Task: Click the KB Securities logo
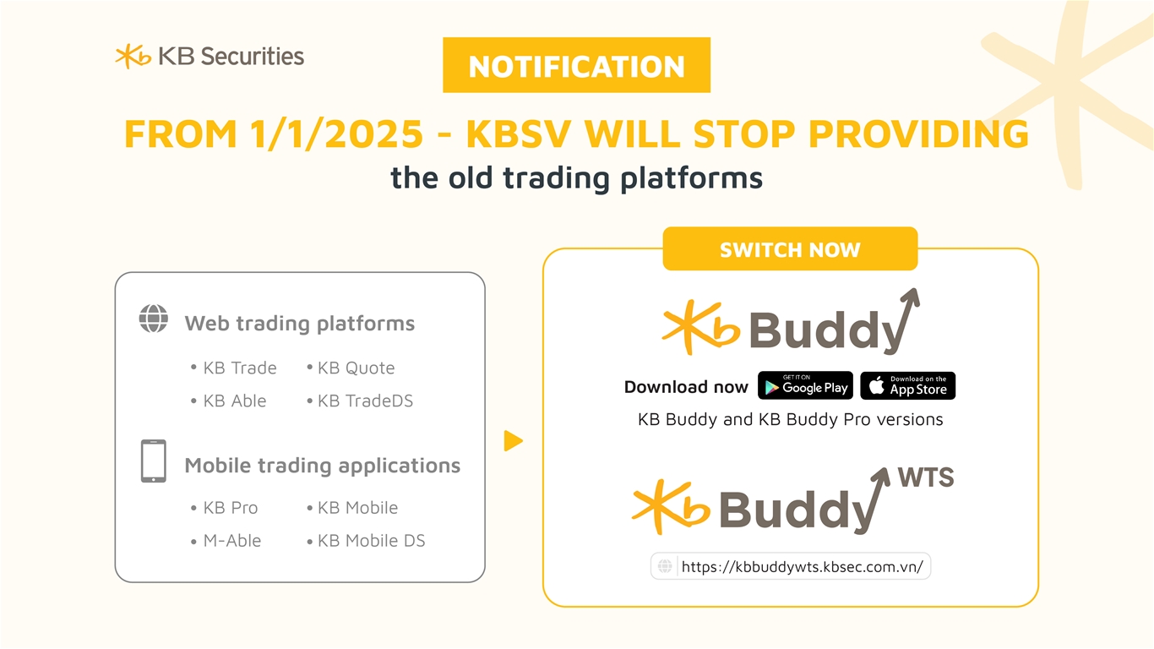coord(210,56)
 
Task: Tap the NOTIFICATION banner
coord(576,65)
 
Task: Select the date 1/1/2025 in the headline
coord(336,134)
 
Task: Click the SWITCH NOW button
coord(790,249)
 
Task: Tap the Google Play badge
coord(805,385)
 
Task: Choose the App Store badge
coord(908,385)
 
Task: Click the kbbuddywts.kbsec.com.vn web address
coord(802,566)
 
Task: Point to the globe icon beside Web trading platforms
coord(154,319)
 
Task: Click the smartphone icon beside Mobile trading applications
coord(154,461)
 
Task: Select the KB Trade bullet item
coord(233,368)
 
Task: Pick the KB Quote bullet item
coord(351,368)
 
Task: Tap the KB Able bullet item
coord(228,401)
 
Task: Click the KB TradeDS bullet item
coord(360,401)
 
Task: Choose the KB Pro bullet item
coord(224,508)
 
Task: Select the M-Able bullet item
coord(226,541)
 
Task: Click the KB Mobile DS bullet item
coord(366,541)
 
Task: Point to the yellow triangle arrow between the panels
coord(513,441)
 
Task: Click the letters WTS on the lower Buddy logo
coord(926,477)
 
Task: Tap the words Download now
coord(686,387)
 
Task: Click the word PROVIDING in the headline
coord(918,134)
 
